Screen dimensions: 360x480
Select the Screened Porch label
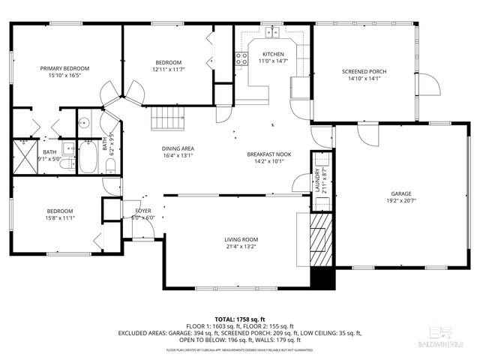[x=364, y=72]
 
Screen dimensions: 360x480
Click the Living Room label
[x=241, y=239]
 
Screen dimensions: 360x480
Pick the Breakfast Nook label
[x=268, y=154]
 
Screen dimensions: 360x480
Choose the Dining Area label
[x=178, y=148]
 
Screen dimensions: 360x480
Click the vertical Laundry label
[x=317, y=182]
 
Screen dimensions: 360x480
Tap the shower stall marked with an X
[x=26, y=155]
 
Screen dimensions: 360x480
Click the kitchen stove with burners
[x=241, y=58]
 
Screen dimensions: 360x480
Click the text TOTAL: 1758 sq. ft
[x=240, y=319]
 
